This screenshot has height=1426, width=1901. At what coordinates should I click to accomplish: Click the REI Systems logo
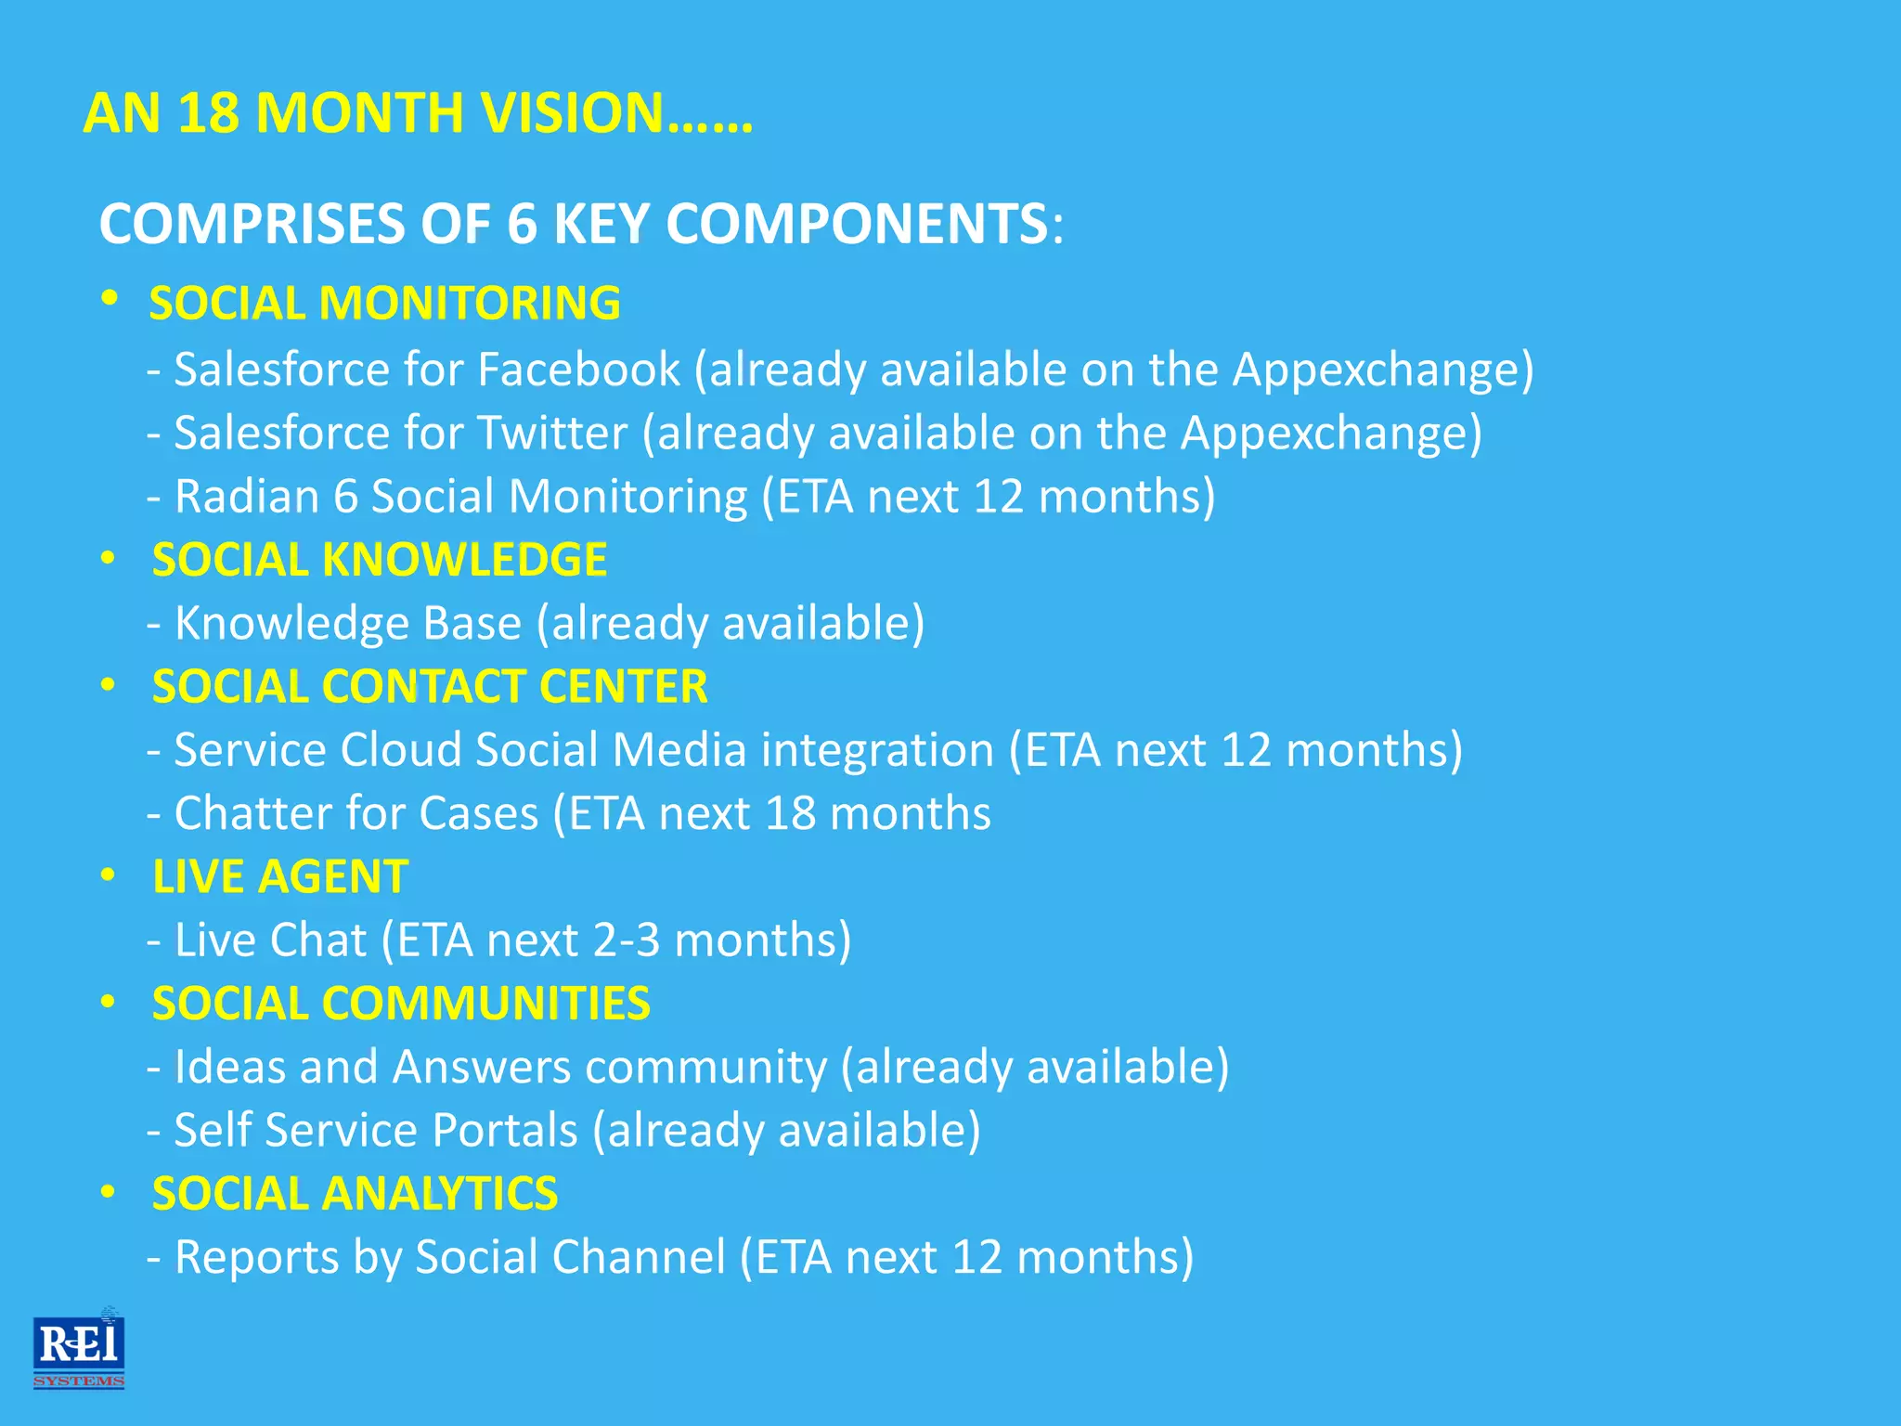(x=79, y=1348)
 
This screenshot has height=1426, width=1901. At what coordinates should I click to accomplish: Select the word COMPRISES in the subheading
(x=252, y=224)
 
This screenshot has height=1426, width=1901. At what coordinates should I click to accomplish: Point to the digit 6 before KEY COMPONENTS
(x=522, y=224)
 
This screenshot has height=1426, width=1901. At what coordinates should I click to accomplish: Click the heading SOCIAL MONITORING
(x=384, y=304)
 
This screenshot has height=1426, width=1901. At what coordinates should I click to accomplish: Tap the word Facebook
(x=578, y=369)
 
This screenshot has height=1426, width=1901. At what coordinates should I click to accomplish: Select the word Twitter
(x=552, y=434)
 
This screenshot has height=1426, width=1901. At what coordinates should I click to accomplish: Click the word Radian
(x=246, y=497)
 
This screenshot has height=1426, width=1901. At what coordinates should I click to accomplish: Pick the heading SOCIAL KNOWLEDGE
(x=380, y=560)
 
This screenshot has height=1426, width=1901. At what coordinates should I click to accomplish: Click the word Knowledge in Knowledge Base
(x=291, y=623)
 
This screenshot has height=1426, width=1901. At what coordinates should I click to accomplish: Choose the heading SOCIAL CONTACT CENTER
(x=430, y=687)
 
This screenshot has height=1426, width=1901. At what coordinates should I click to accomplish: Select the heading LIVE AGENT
(x=280, y=876)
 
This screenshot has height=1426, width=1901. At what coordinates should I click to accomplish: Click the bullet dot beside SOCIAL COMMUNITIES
(x=109, y=1003)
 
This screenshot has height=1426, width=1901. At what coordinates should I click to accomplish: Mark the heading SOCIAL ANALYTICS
(x=355, y=1194)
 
